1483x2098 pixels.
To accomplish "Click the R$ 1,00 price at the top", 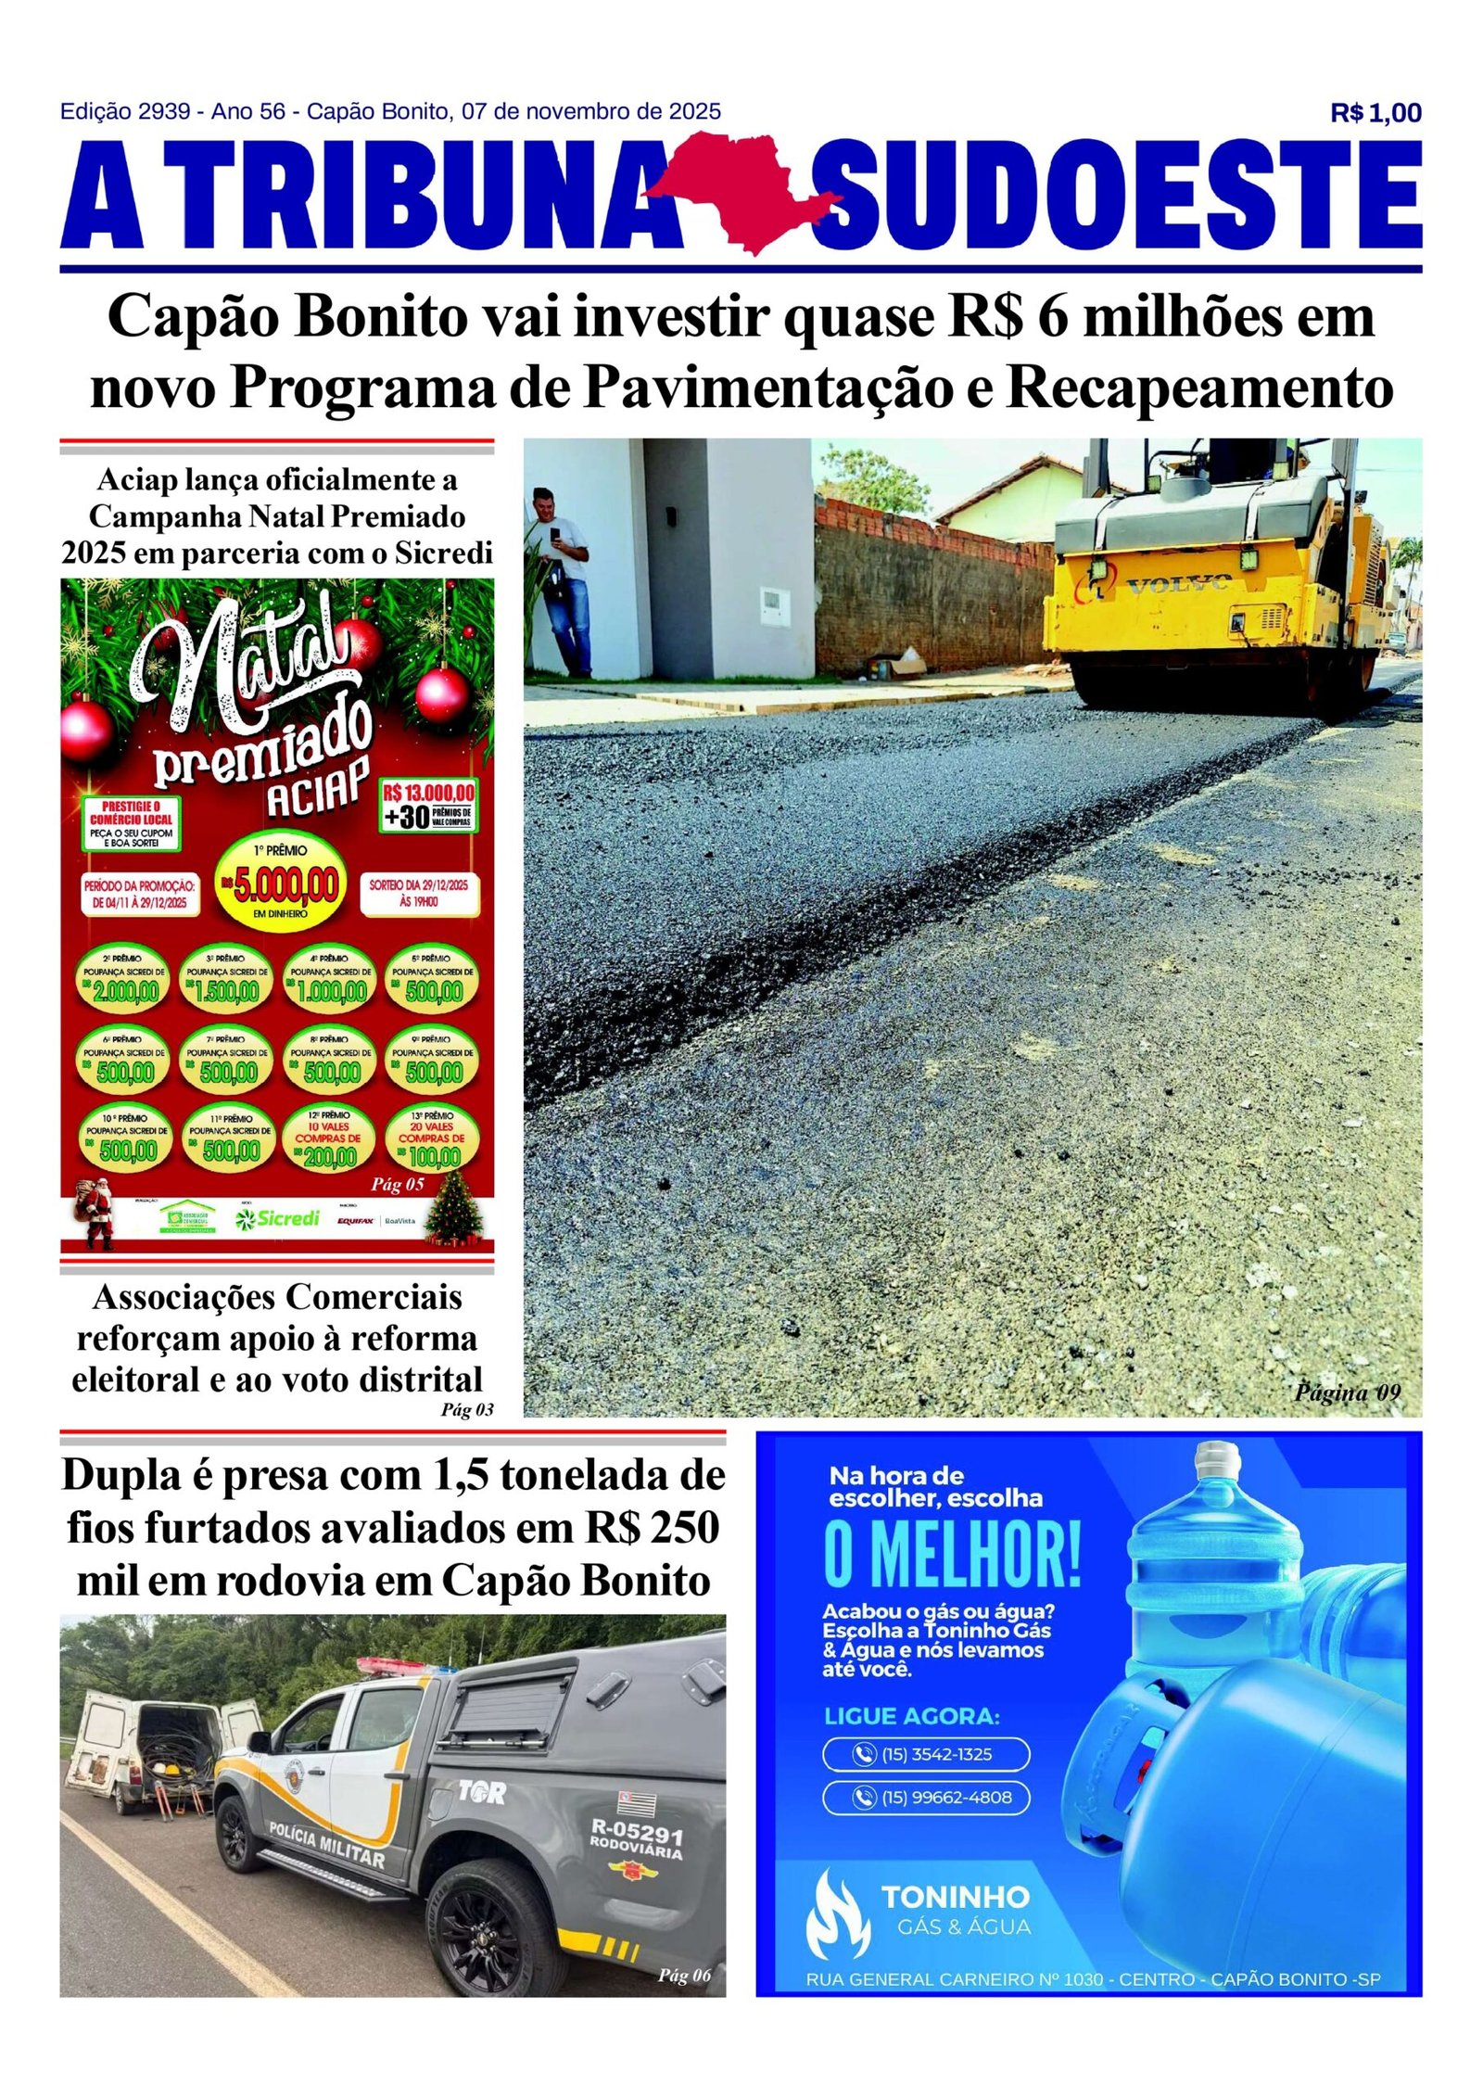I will click(x=1375, y=113).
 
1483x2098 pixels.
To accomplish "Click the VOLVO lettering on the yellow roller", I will click(x=1178, y=584).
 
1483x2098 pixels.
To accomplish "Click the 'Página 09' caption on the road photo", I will click(x=1347, y=1392).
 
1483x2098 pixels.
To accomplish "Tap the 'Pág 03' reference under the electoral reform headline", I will click(x=467, y=1410).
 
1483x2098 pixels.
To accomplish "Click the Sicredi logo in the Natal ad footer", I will click(x=277, y=1217).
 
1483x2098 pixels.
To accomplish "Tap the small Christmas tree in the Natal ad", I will click(x=455, y=1208).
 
